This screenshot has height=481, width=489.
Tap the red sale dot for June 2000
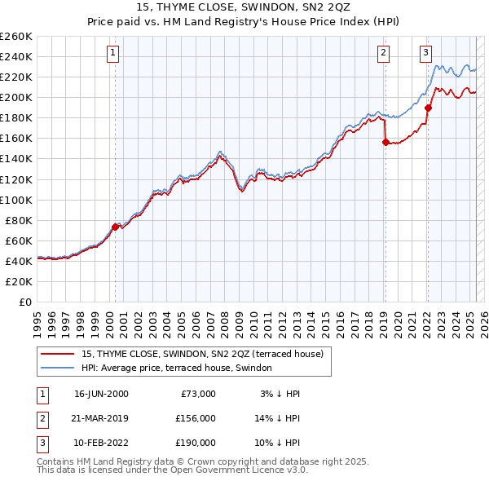[x=115, y=227]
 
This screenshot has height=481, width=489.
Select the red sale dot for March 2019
[x=385, y=142]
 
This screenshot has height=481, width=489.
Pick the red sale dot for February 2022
[x=428, y=107]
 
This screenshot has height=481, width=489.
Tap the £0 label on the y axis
[x=24, y=302]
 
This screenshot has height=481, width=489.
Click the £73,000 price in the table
[x=198, y=394]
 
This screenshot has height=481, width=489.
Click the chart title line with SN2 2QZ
[x=244, y=9]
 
